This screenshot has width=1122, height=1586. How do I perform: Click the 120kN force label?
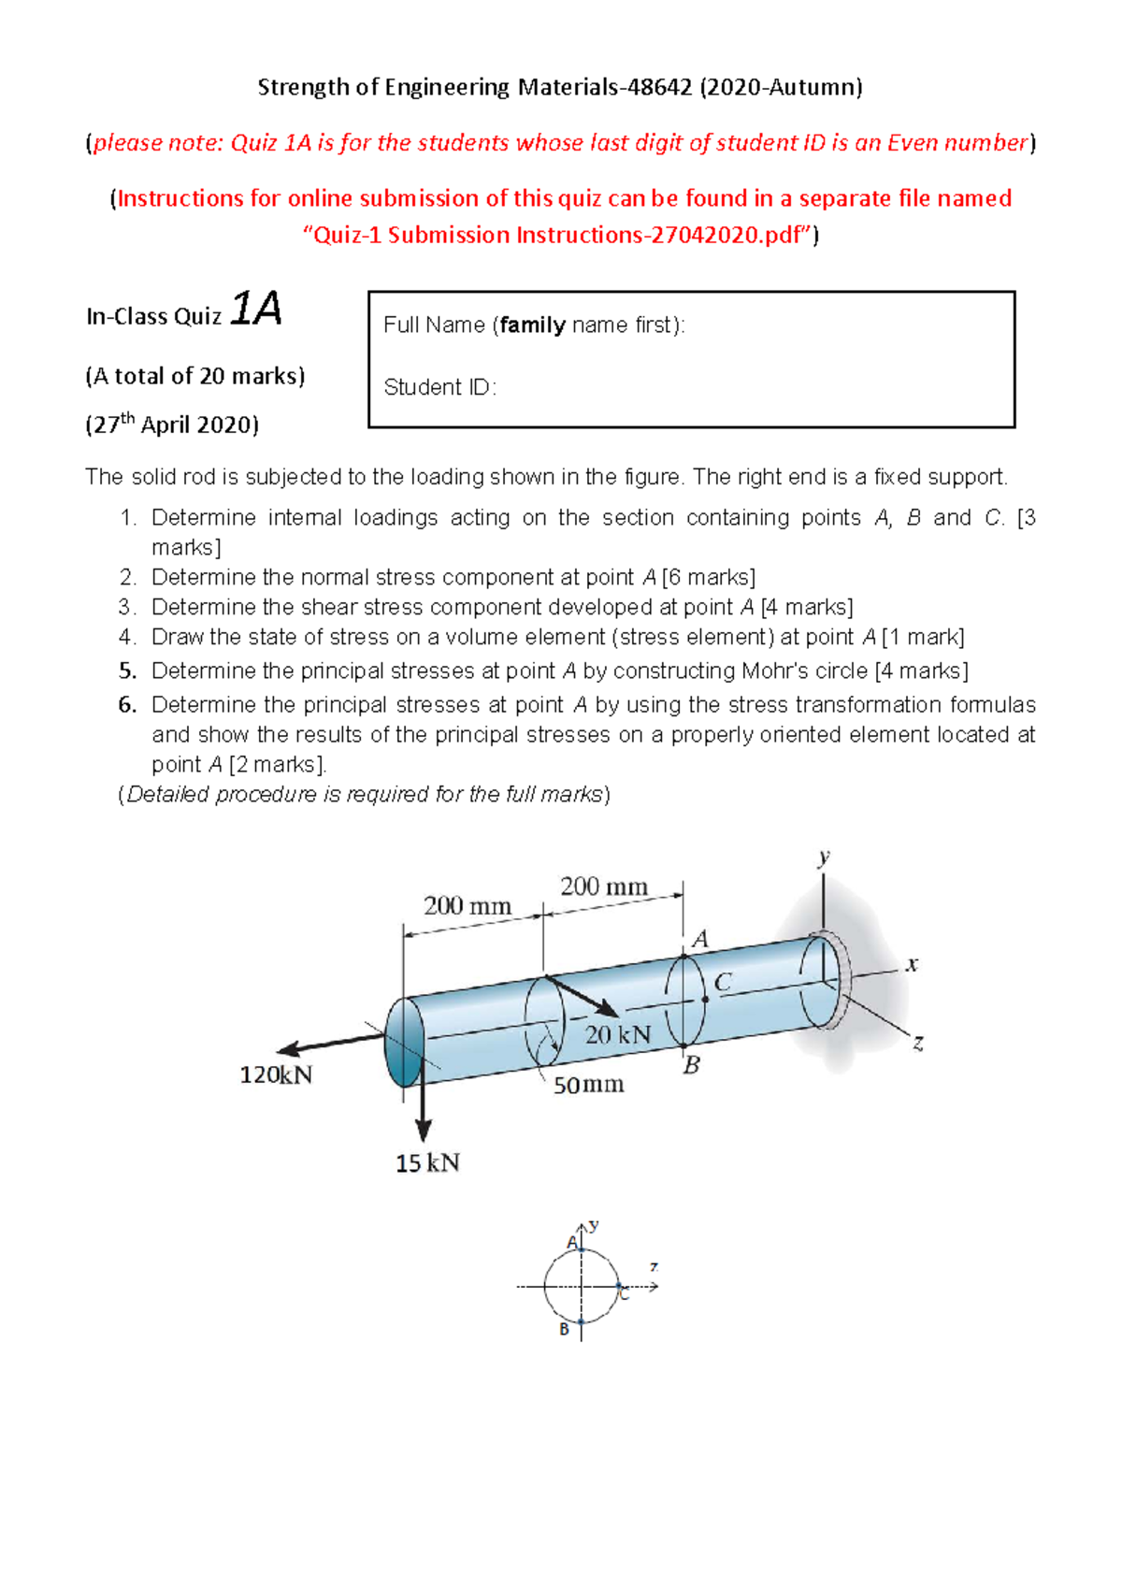coord(276,1074)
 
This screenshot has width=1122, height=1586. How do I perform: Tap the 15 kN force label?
coord(427,1163)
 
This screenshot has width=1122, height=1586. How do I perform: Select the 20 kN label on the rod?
coord(617,1034)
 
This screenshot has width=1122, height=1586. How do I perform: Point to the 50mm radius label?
coord(588,1085)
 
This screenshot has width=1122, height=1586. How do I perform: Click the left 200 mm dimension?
coord(467,905)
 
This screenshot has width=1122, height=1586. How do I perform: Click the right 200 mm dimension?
coord(603,886)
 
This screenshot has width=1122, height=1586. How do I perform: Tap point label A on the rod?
coord(699,939)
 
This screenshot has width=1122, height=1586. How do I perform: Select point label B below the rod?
coord(691,1065)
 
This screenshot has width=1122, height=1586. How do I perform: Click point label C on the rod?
coord(723,982)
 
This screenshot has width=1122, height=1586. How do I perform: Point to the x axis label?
coord(912,964)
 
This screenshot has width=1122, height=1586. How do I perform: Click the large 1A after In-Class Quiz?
coord(255,309)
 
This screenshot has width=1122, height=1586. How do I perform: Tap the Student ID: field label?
coord(439,387)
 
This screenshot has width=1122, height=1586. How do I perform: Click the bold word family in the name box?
coord(532,324)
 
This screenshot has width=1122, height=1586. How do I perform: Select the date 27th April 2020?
coord(172,425)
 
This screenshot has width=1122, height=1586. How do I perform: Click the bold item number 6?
coord(127,704)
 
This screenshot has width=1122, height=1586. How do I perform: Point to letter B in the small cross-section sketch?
coord(564,1329)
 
